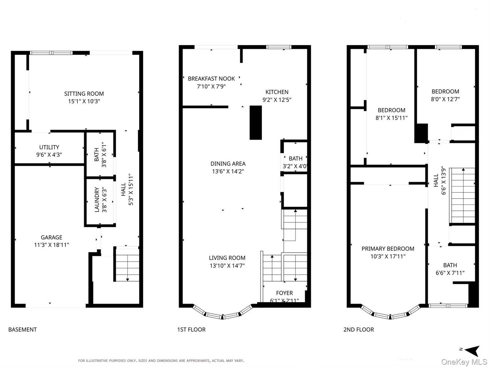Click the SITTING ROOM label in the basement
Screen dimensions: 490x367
[84, 94]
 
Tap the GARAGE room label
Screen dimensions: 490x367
[51, 237]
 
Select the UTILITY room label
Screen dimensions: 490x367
[49, 147]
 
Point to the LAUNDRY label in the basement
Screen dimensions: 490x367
[97, 200]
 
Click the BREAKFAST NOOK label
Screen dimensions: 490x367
[211, 79]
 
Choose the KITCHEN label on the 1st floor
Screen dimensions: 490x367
[277, 92]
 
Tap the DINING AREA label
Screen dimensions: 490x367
[228, 164]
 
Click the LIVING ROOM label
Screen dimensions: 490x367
[227, 258]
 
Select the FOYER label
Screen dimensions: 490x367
[285, 293]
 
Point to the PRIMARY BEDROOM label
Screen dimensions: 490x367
[388, 249]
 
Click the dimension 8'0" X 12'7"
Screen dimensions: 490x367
[445, 99]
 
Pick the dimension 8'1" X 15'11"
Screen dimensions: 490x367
[391, 118]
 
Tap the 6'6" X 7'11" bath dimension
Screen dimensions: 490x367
[450, 273]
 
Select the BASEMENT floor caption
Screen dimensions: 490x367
[23, 330]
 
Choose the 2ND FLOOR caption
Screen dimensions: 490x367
[359, 330]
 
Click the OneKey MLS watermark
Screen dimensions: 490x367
[464, 362]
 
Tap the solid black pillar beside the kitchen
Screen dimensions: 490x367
[256, 123]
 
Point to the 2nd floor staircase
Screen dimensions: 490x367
[462, 196]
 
